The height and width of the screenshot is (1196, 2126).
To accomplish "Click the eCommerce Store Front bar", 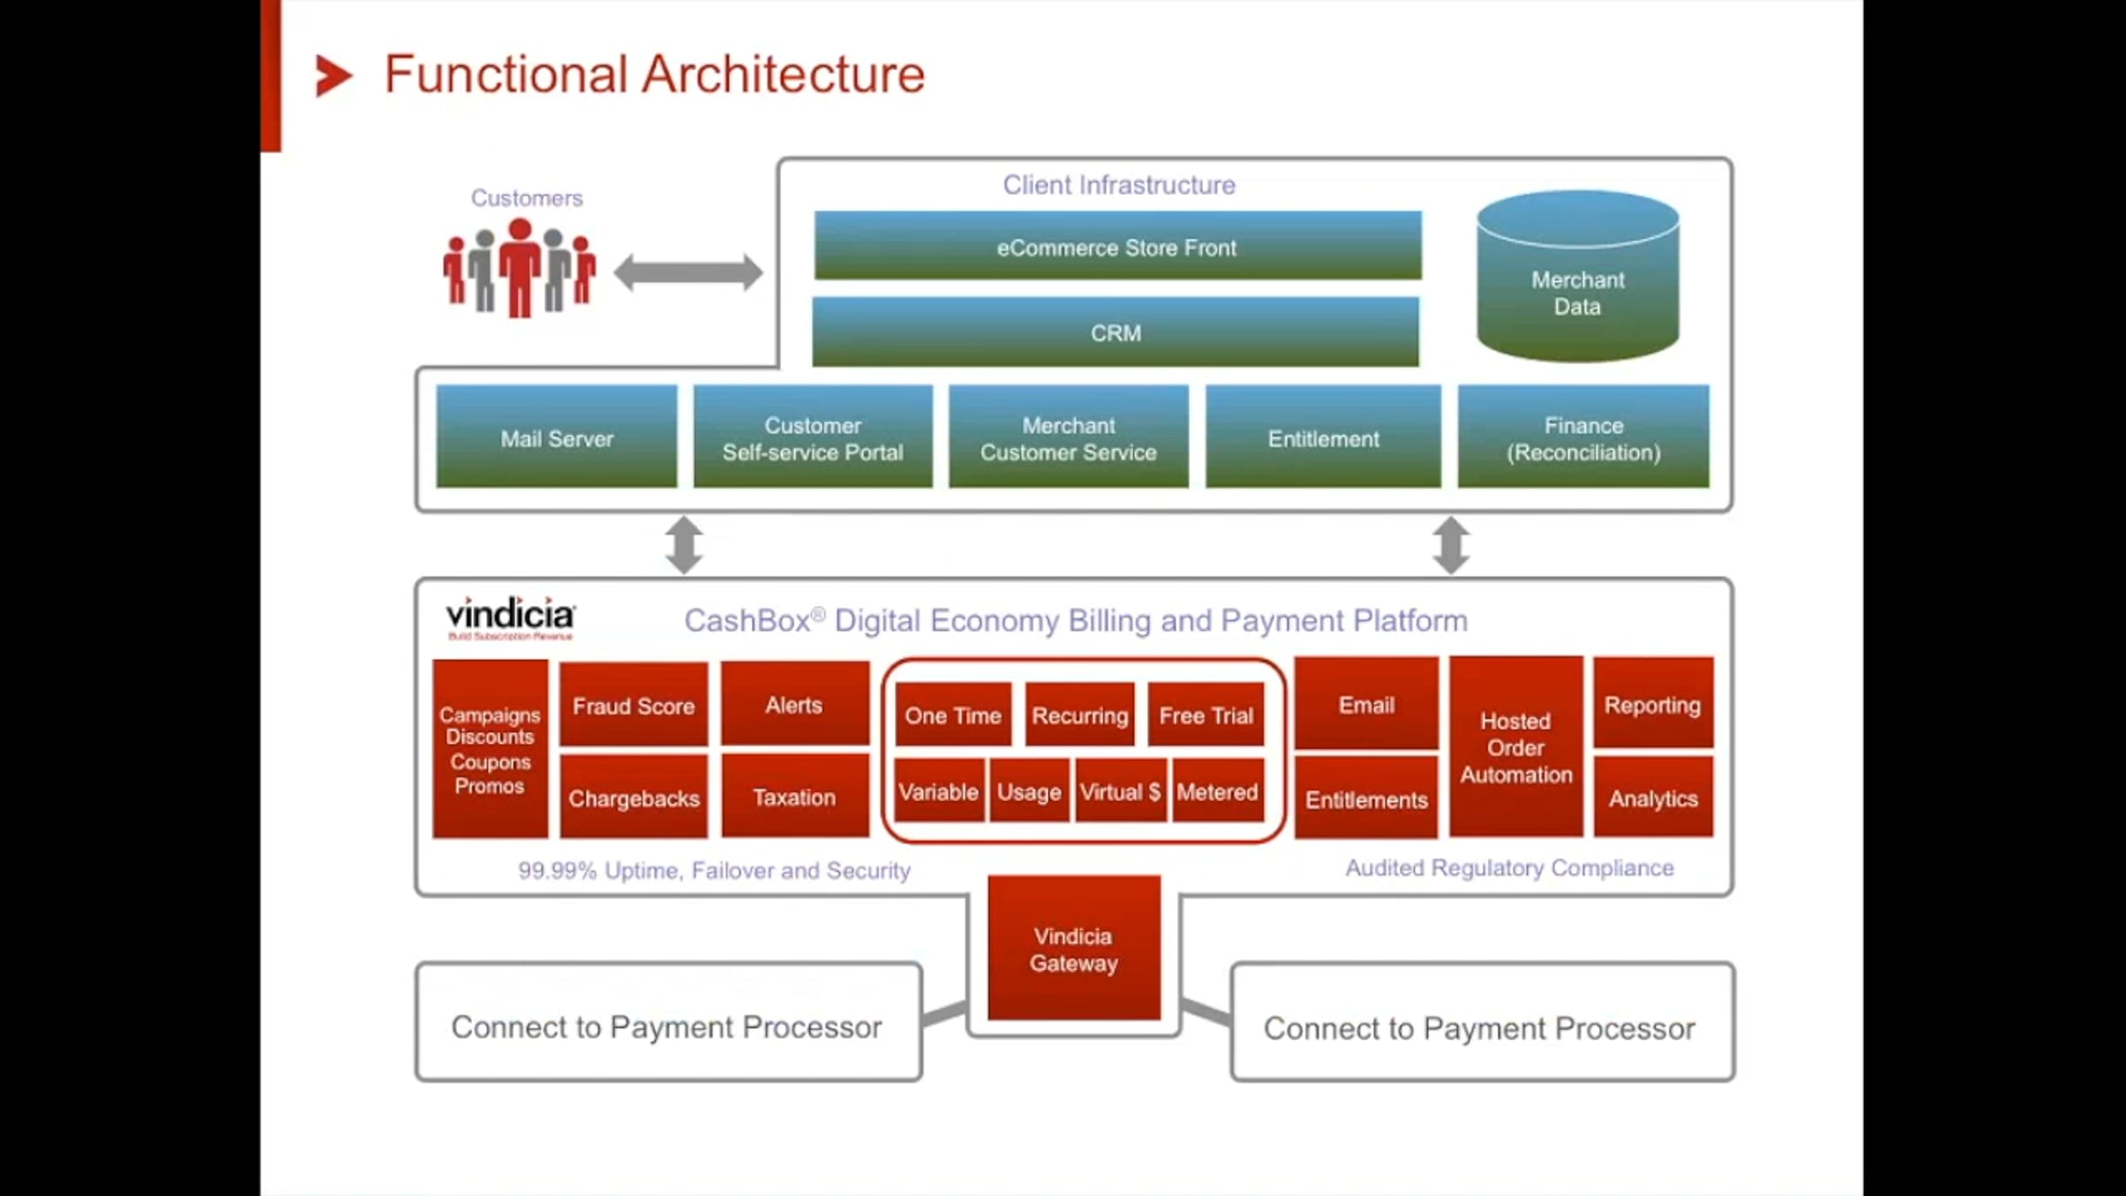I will click(1117, 246).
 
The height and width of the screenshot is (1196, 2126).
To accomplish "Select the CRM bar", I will click(1115, 332).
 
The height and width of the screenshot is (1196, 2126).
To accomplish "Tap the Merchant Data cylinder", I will click(1578, 283).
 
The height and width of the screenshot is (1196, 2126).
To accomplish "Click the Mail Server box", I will click(556, 437).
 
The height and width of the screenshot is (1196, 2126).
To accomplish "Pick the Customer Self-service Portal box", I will click(812, 437).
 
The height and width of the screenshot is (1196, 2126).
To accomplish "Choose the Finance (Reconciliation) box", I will click(1583, 437).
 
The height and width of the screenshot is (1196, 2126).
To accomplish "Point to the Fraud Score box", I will click(633, 705).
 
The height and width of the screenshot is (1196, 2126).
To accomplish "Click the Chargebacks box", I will click(633, 797).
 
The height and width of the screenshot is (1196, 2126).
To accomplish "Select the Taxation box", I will click(795, 796).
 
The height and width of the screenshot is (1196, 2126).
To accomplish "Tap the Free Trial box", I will click(1206, 714).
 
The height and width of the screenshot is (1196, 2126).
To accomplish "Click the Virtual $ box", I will click(1120, 790).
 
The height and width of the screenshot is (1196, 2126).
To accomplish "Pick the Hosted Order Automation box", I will click(1516, 747).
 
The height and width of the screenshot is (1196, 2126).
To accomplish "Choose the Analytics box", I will click(1653, 797).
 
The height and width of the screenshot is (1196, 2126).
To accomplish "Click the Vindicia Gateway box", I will click(1074, 948).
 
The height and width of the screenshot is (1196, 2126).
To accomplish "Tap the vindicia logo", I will click(510, 617).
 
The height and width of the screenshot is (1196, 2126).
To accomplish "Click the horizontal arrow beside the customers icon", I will click(688, 272).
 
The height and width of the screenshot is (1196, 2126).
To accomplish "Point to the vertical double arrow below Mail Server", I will click(685, 545).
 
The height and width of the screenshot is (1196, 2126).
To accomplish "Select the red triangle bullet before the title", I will click(333, 75).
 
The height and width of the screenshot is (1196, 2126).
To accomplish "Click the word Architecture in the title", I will click(783, 74).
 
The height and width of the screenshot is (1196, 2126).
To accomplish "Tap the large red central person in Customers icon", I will click(520, 266).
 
